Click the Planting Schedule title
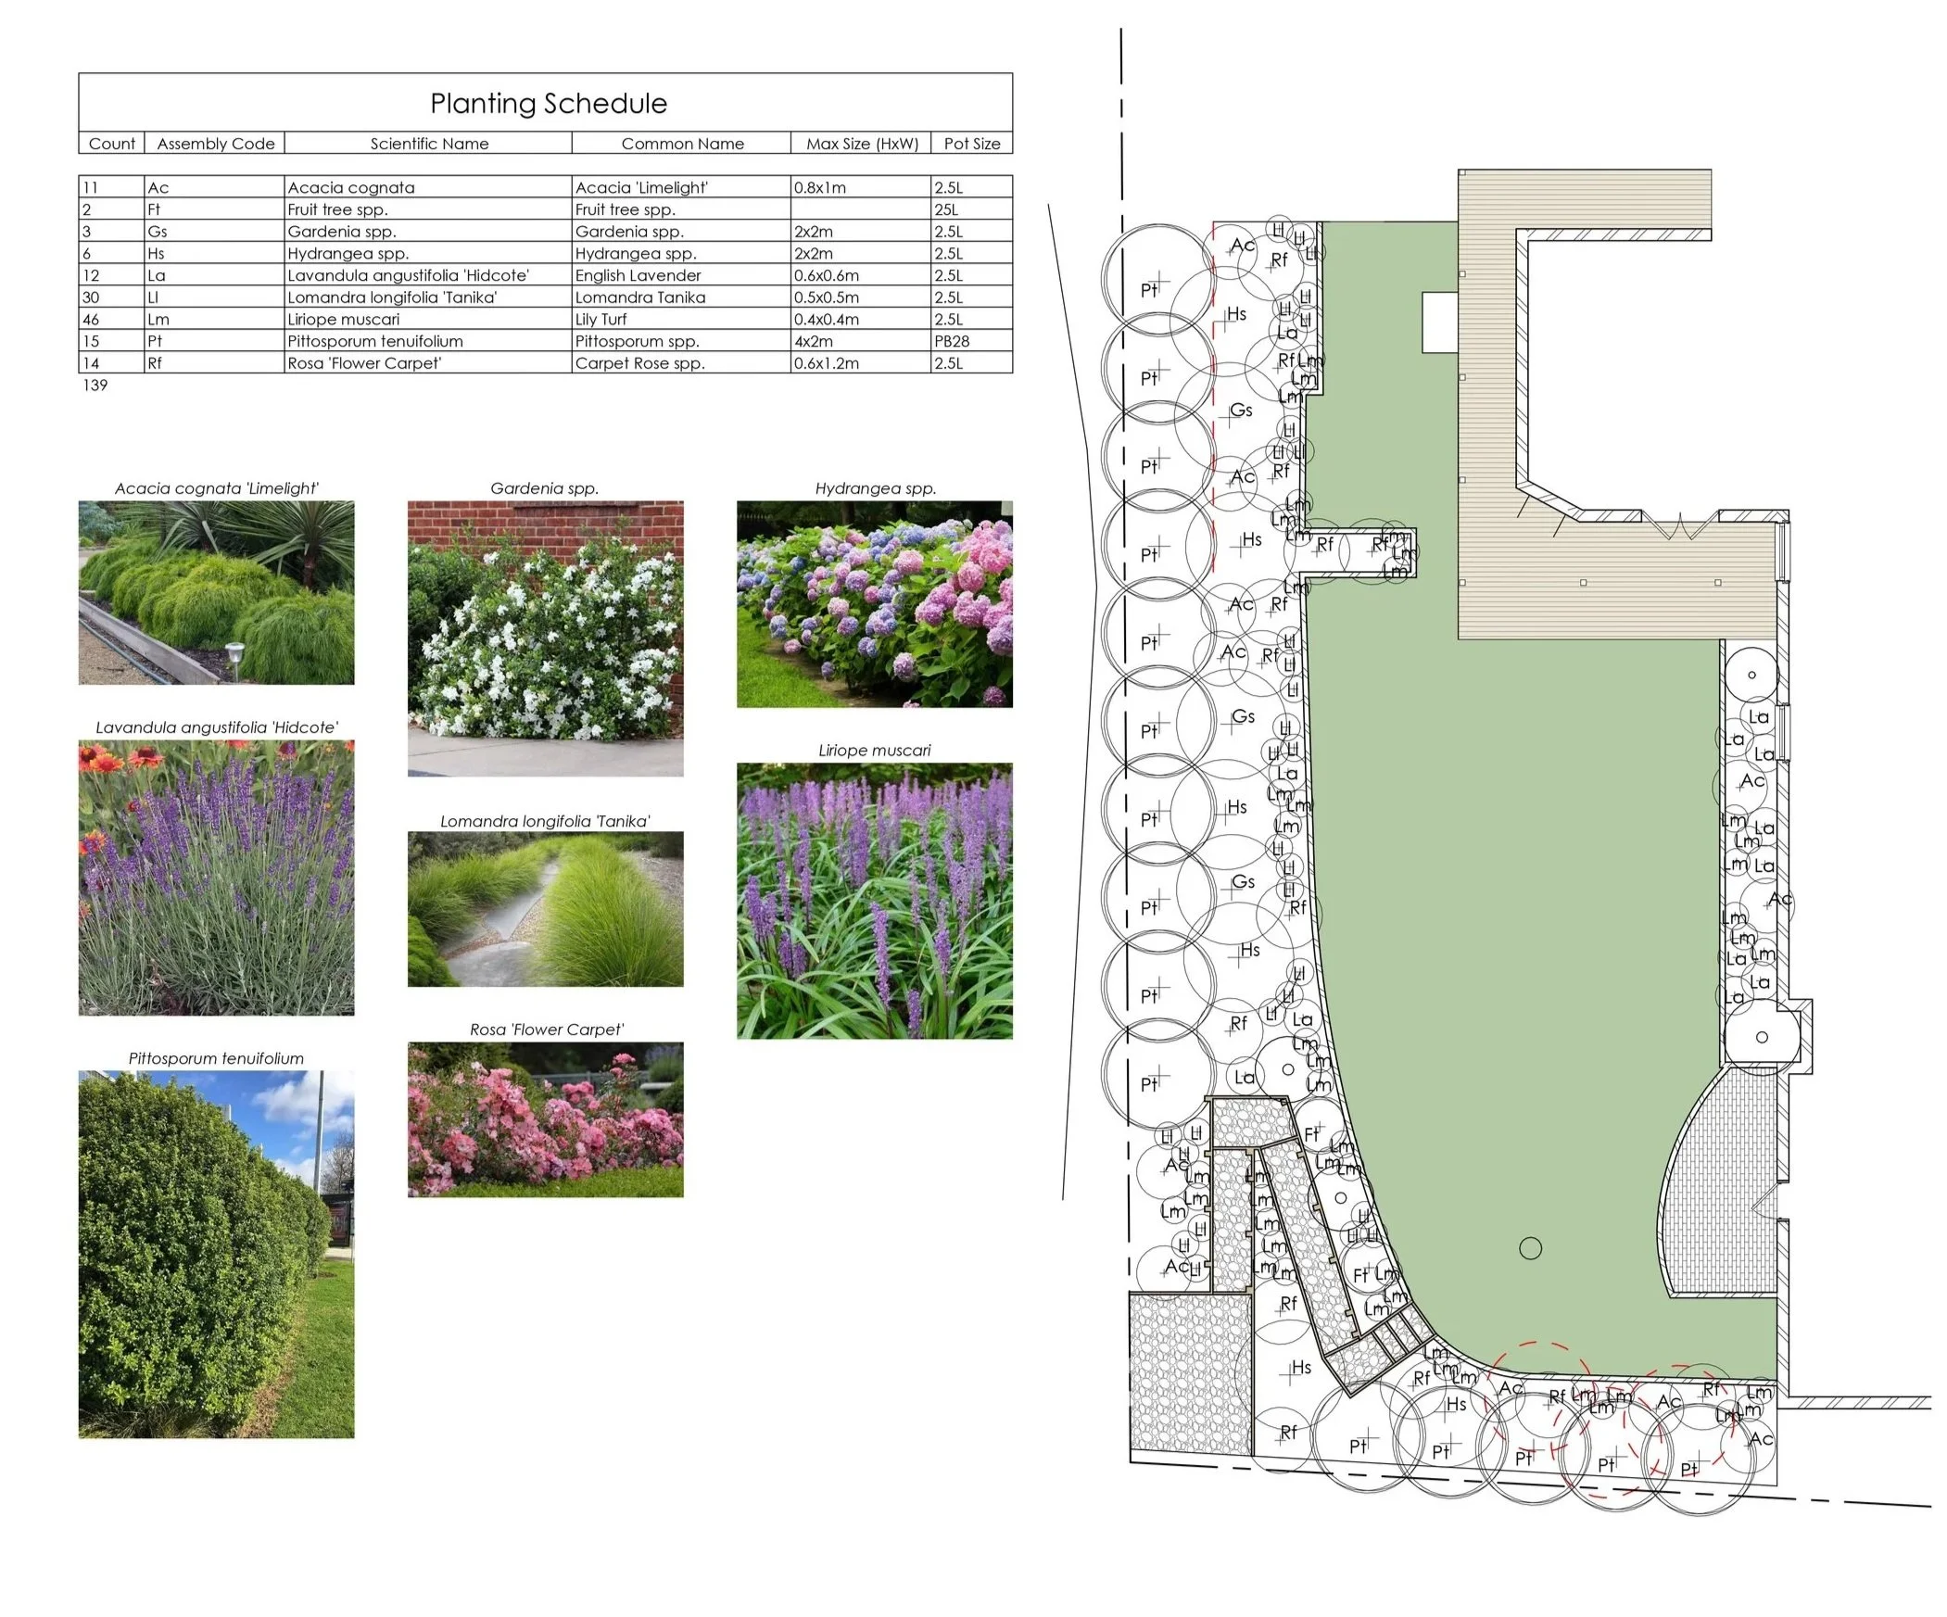548,103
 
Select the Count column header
111,144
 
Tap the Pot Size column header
971,144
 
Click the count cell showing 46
91,320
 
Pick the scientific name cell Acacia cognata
350,187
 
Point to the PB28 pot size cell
952,341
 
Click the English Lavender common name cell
638,275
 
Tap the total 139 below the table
95,385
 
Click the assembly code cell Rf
155,363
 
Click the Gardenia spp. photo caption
544,488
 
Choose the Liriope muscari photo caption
874,750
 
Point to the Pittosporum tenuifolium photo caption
216,1058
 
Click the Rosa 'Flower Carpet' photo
545,1119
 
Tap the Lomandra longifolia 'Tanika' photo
545,909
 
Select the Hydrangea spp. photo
874,603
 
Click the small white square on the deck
1440,322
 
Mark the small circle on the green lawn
1531,1248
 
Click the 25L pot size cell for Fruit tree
946,209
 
